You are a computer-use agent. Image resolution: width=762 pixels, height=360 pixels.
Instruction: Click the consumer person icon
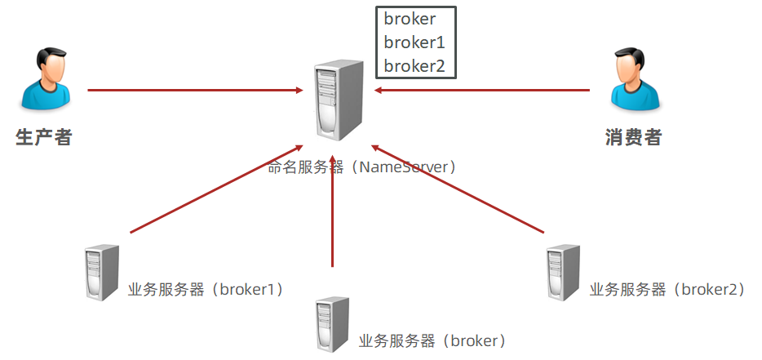[x=634, y=79]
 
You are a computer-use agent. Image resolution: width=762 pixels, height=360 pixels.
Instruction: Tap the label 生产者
[x=44, y=137]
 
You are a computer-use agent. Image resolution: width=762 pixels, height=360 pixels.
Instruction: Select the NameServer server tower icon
[x=336, y=100]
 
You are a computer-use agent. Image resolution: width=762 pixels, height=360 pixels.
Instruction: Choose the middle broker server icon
[x=332, y=324]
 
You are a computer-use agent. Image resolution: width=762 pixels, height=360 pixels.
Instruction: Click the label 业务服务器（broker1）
[x=205, y=289]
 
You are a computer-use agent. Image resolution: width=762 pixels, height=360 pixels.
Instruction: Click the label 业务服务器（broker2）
[x=667, y=289]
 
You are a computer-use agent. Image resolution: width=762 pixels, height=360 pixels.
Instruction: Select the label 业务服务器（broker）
[x=432, y=340]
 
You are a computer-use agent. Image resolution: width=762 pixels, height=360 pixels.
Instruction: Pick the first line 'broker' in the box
[x=410, y=20]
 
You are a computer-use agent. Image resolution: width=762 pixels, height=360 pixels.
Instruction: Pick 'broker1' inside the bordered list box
[x=414, y=42]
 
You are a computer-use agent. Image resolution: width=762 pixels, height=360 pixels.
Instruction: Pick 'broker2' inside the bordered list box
[x=414, y=65]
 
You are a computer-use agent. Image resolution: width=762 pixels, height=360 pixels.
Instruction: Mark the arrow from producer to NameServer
[x=194, y=90]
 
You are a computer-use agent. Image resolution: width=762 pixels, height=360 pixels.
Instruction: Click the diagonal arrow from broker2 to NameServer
[x=457, y=189]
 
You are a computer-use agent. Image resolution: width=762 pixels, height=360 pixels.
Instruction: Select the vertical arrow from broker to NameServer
[x=333, y=212]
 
